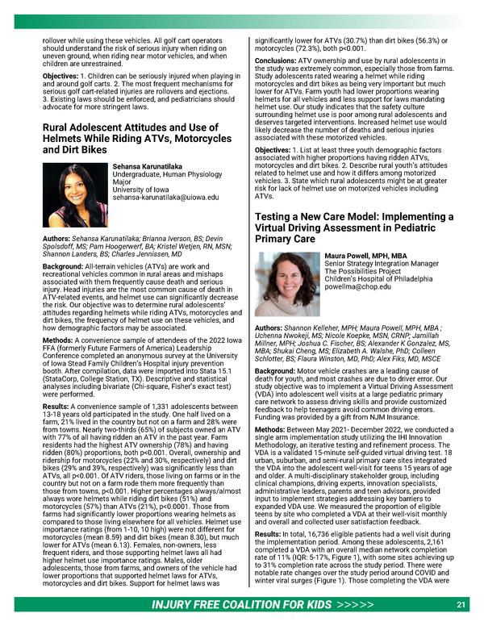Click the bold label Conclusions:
pos(279,60)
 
